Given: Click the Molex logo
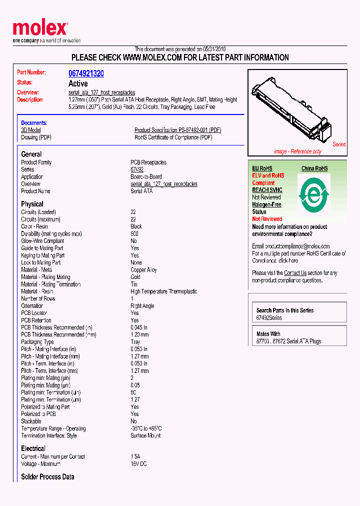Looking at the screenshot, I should (x=40, y=29).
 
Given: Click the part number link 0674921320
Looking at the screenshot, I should (x=86, y=73).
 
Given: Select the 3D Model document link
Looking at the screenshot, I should (x=30, y=130).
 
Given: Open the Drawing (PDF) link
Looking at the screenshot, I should (x=36, y=137).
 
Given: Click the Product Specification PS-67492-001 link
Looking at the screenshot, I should (x=177, y=130).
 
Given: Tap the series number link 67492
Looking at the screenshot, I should (x=137, y=170).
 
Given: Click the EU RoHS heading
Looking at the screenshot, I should (x=262, y=168).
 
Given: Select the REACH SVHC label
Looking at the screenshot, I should (x=267, y=190).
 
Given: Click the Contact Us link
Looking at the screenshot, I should (x=295, y=273).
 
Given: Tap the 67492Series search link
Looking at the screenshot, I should (x=269, y=318).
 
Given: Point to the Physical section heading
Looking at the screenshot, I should (x=32, y=204).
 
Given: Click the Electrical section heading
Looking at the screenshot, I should (x=33, y=448).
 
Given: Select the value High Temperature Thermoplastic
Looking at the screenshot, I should (x=163, y=291).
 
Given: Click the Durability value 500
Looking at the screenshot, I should (x=135, y=233).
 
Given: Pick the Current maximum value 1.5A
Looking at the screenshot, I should (x=135, y=456).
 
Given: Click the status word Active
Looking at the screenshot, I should (x=77, y=83).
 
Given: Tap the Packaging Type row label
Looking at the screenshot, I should (x=37, y=342).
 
